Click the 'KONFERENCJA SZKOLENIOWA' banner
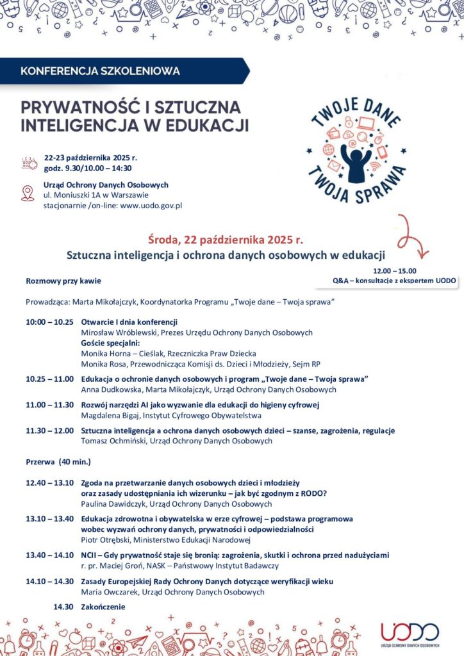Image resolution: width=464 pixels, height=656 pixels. point(101,70)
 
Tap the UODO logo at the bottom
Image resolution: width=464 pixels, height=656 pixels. point(410,634)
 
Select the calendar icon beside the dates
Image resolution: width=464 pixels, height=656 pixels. point(29,163)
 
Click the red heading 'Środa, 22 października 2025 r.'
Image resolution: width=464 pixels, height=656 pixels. point(225,240)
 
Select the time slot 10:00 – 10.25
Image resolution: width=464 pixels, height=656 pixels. point(50,322)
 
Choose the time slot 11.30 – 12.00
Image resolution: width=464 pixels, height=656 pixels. point(50,430)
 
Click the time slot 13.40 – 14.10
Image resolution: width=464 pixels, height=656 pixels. point(50,555)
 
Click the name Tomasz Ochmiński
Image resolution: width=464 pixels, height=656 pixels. point(113,441)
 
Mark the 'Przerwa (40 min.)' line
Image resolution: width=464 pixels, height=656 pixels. point(58,461)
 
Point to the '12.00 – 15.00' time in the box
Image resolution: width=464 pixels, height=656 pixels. point(394,271)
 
